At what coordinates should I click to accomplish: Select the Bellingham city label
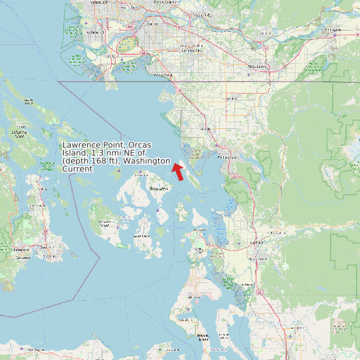(x=227, y=157)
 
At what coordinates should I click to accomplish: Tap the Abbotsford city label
(x=257, y=66)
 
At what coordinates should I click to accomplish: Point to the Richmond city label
(x=94, y=32)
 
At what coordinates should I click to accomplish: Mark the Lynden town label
(x=232, y=98)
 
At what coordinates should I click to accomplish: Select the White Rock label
(x=163, y=76)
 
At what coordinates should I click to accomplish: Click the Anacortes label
(x=200, y=230)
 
